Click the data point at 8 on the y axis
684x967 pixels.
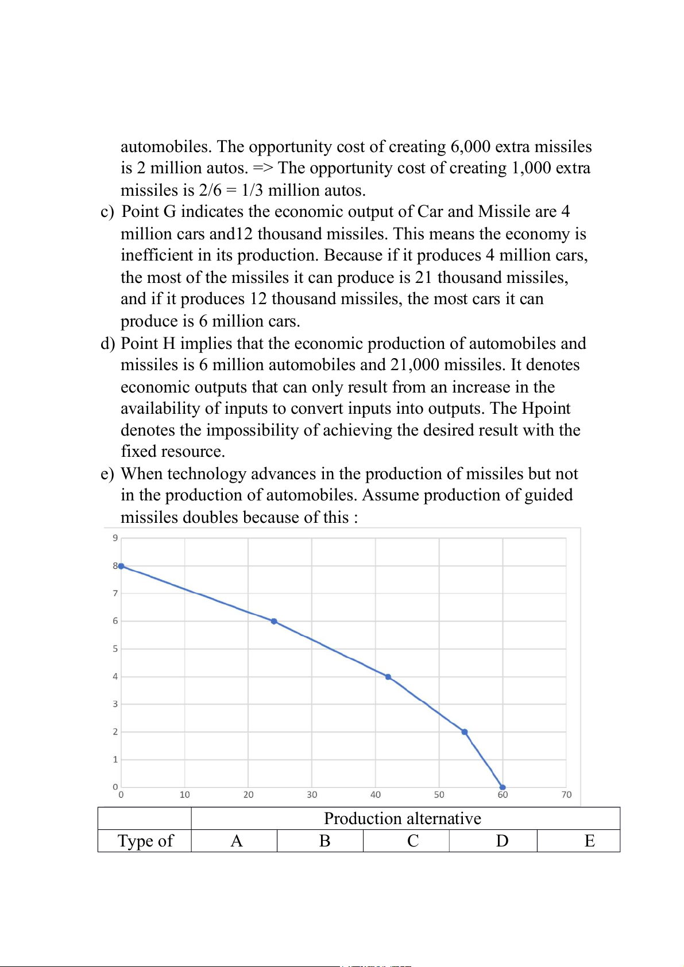click(x=121, y=566)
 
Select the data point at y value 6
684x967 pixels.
click(x=274, y=621)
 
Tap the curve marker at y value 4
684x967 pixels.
click(x=388, y=677)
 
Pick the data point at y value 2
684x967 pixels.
click(x=465, y=732)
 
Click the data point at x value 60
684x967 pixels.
click(x=503, y=787)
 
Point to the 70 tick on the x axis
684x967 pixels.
click(x=566, y=795)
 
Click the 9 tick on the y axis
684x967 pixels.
click(x=115, y=538)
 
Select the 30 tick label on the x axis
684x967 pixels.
click(x=312, y=795)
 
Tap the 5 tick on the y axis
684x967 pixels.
click(x=115, y=648)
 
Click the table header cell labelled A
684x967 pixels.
click(x=236, y=841)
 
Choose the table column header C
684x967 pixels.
click(x=412, y=841)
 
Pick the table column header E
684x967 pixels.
click(x=589, y=841)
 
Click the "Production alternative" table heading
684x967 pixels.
click(x=403, y=818)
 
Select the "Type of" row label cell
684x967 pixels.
click(x=145, y=841)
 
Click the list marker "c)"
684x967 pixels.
click(x=107, y=212)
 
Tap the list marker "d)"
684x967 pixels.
click(x=107, y=343)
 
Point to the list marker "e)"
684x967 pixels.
click(x=107, y=474)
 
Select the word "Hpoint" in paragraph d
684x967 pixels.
click(x=546, y=408)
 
